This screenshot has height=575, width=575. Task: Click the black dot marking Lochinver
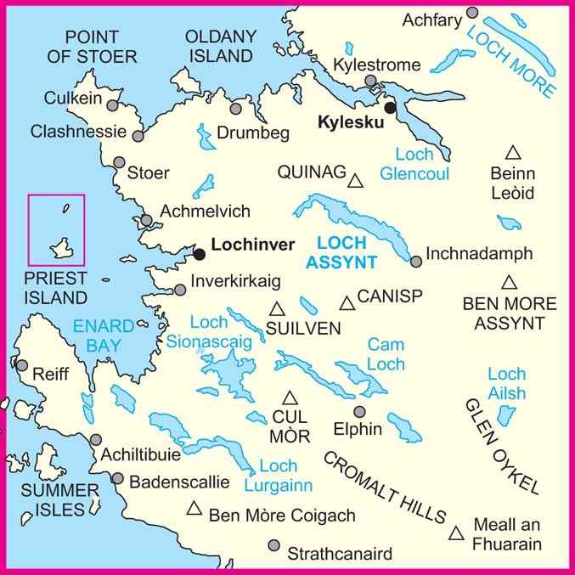click(x=199, y=253)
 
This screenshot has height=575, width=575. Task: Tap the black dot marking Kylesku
click(x=390, y=109)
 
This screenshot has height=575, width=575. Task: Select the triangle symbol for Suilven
click(x=277, y=308)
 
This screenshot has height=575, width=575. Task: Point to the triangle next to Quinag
click(x=357, y=178)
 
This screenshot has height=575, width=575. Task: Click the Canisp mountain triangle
click(x=347, y=302)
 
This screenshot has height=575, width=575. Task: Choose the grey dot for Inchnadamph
click(x=415, y=261)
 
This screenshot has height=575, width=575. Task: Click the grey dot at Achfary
click(x=473, y=13)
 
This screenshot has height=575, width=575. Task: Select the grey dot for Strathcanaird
click(x=273, y=546)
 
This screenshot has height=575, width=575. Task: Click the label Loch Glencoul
click(x=408, y=164)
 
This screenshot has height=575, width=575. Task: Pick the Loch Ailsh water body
click(x=506, y=415)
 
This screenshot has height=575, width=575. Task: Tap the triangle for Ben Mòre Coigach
click(x=194, y=509)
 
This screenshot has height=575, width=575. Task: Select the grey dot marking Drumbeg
click(x=236, y=110)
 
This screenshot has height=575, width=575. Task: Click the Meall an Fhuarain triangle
click(x=457, y=533)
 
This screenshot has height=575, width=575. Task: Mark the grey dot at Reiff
click(x=20, y=365)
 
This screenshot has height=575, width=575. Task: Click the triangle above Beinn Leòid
click(x=512, y=153)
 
